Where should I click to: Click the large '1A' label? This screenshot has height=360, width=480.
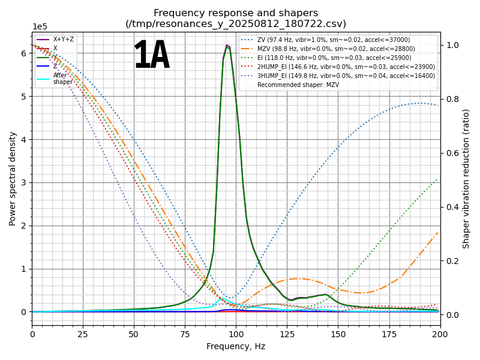pos(151,56)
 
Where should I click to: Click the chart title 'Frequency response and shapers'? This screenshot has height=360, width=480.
pos(236,13)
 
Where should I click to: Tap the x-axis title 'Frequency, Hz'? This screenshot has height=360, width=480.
pos(236,346)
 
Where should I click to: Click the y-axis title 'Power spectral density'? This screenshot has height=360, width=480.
pos(13,178)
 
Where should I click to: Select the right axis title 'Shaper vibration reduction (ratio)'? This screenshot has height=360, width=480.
pos(466,178)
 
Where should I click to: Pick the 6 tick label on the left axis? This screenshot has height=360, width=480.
pos(23,53)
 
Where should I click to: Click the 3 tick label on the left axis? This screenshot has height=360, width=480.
pos(23,182)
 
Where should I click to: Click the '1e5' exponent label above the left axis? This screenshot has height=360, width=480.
pos(40,27)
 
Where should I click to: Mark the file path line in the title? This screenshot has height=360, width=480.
pos(236,24)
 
